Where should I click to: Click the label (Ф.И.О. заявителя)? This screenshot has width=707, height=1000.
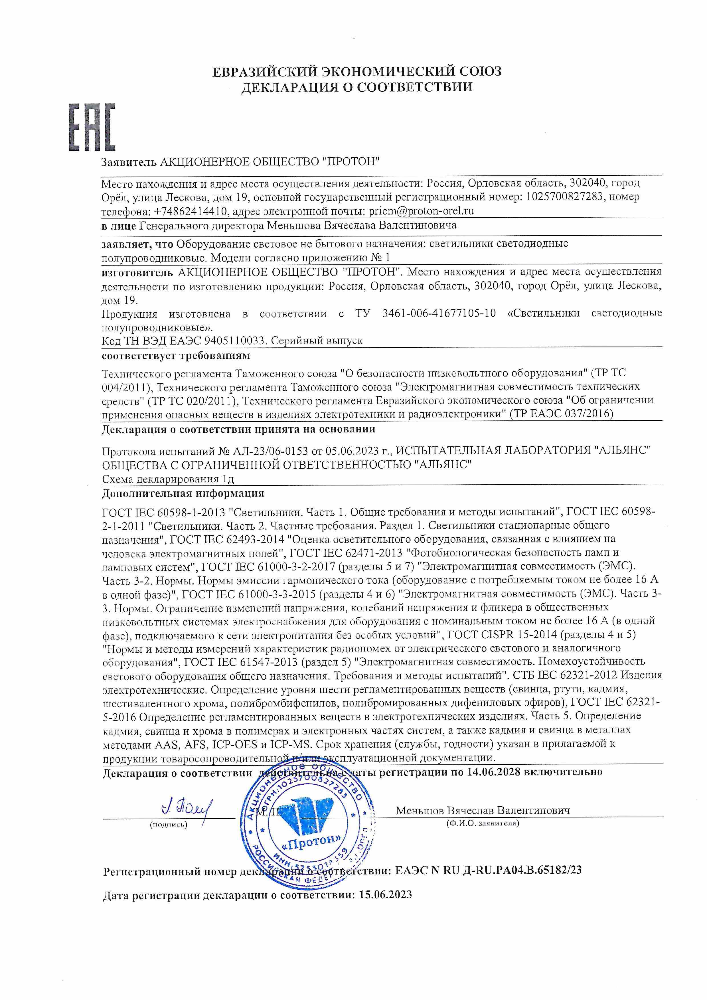pos(482,823)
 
